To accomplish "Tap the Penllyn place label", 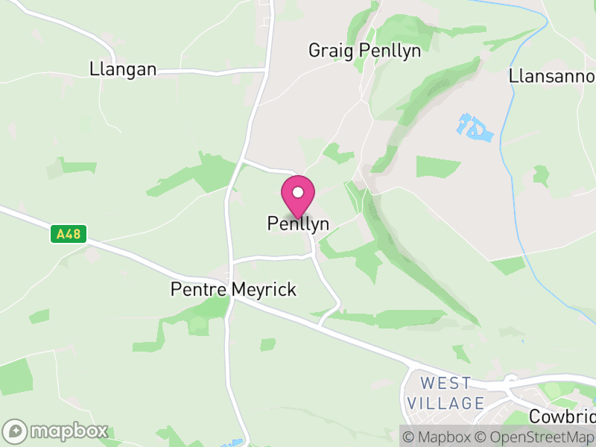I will pyautogui.click(x=298, y=223).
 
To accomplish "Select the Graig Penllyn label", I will pyautogui.click(x=365, y=51).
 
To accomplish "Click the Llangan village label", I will pyautogui.click(x=123, y=69).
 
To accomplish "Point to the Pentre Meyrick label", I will pyautogui.click(x=233, y=289).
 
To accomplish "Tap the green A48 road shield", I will pyautogui.click(x=69, y=235).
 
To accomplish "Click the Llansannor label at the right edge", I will pyautogui.click(x=552, y=76).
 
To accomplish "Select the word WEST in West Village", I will pyautogui.click(x=446, y=384).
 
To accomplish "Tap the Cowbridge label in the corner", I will pyautogui.click(x=562, y=416).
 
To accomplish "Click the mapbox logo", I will pyautogui.click(x=57, y=431).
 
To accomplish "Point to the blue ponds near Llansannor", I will pyautogui.click(x=475, y=128).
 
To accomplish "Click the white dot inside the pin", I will pyautogui.click(x=298, y=192).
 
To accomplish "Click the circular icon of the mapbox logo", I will pyautogui.click(x=16, y=431).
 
